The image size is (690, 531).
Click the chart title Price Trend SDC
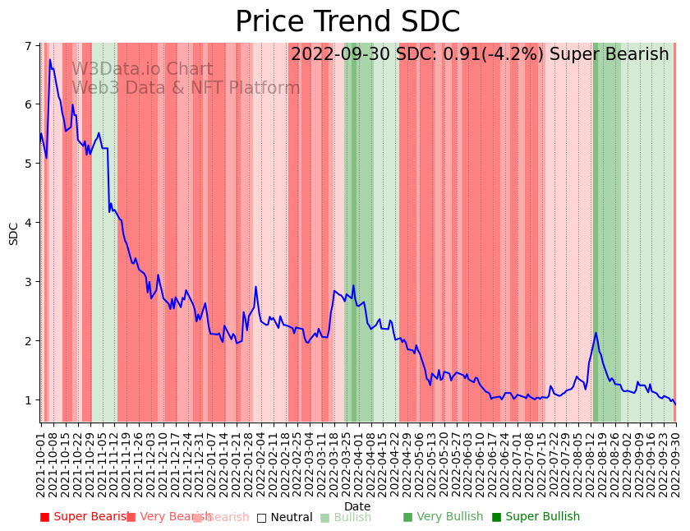[x=347, y=22]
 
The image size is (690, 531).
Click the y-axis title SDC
[x=14, y=233]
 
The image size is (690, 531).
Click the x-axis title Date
[x=357, y=506]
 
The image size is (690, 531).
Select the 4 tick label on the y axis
[x=31, y=223]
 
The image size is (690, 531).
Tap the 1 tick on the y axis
[x=31, y=400]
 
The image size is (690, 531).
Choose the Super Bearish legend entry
[x=85, y=517]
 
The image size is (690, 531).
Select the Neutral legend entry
[x=284, y=517]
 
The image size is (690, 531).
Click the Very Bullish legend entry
[x=443, y=517]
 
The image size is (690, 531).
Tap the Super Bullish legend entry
[x=536, y=517]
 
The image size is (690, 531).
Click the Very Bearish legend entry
[x=168, y=517]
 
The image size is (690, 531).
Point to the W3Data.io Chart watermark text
[x=142, y=70]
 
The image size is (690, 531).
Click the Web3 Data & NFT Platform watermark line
[x=186, y=88]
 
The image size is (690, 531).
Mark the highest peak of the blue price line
[x=50, y=59]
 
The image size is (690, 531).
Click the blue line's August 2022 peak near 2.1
[x=596, y=333]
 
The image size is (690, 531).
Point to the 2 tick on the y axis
[x=31, y=341]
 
